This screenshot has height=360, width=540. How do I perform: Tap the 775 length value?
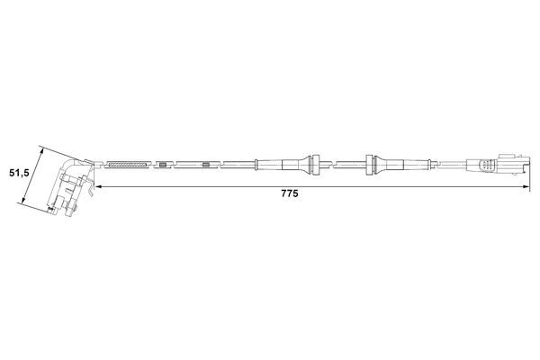(288, 193)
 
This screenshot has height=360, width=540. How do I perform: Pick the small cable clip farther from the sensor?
(206, 165)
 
